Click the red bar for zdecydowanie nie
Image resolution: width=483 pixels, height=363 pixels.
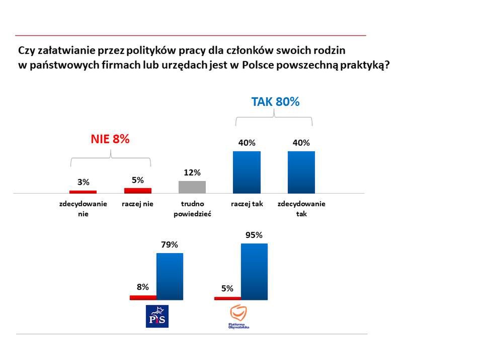point(83,192)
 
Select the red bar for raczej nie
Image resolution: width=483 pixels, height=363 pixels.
point(137,191)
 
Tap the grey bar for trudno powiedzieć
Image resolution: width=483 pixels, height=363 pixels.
point(192,187)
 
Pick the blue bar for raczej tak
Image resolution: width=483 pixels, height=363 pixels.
point(247,172)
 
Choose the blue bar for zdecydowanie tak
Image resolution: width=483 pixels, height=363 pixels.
point(301,172)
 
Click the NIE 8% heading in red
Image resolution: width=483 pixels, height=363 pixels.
point(110,140)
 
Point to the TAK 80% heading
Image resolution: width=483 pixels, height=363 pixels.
point(275,101)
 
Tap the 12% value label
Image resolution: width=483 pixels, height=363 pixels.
point(192,173)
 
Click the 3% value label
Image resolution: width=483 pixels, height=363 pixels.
point(83,182)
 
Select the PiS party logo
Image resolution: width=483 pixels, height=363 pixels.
point(157,316)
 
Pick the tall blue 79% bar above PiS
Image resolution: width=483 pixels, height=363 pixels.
point(170,276)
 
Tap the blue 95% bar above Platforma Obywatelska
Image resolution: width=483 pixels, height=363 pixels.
point(254,272)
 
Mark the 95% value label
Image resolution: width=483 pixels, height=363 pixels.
point(254,235)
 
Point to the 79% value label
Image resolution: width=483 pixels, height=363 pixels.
point(170,245)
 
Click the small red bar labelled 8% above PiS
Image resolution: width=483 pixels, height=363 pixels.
point(143,297)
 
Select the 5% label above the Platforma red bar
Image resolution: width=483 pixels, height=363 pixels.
point(227,289)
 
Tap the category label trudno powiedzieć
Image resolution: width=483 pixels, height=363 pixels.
point(192,209)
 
